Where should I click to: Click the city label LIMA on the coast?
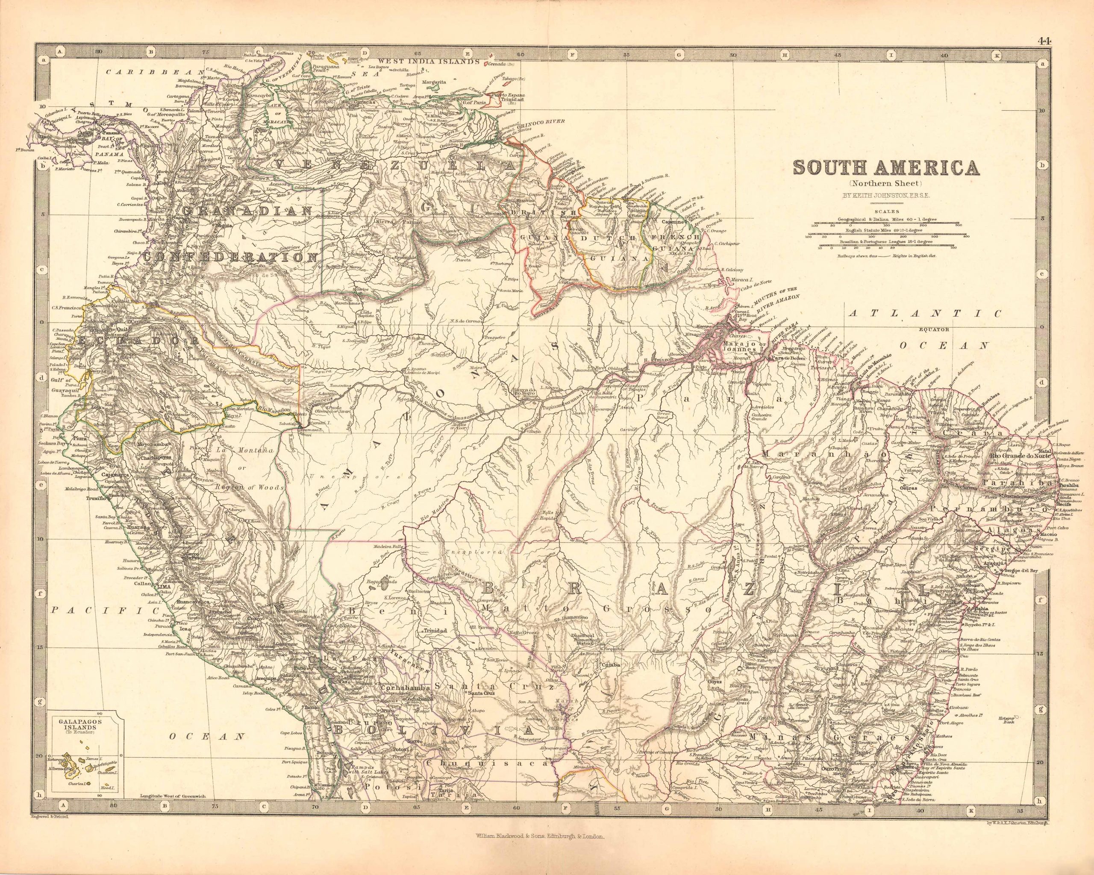point(166,587)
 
